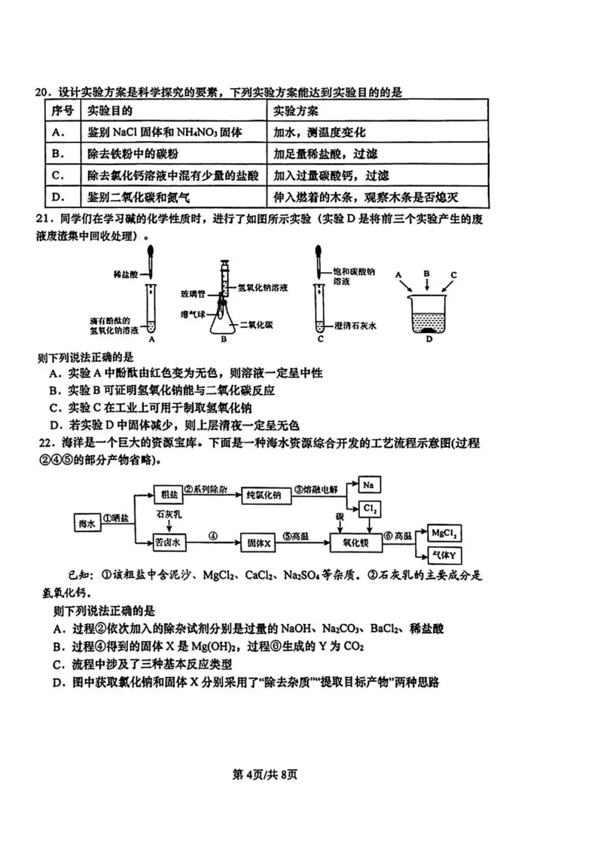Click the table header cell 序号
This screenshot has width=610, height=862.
tap(62, 111)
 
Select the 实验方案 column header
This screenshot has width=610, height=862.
tap(296, 111)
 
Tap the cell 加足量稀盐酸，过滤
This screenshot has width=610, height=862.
tap(325, 154)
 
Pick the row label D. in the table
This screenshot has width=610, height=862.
tap(58, 197)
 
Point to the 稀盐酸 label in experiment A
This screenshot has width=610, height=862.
tap(125, 275)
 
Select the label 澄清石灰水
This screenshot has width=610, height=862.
tap(355, 325)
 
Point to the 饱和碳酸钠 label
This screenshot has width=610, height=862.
tap(354, 272)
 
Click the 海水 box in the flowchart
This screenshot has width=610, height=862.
tap(87, 524)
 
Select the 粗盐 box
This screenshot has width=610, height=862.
tap(169, 494)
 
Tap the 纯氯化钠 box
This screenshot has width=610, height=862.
tap(264, 495)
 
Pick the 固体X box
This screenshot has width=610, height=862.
tap(259, 543)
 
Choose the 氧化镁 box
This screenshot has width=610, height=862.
tap(355, 543)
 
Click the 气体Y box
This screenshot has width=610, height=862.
tap(444, 555)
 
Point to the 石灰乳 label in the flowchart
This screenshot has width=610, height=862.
tap(169, 515)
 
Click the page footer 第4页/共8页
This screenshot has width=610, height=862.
tap(264, 774)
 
